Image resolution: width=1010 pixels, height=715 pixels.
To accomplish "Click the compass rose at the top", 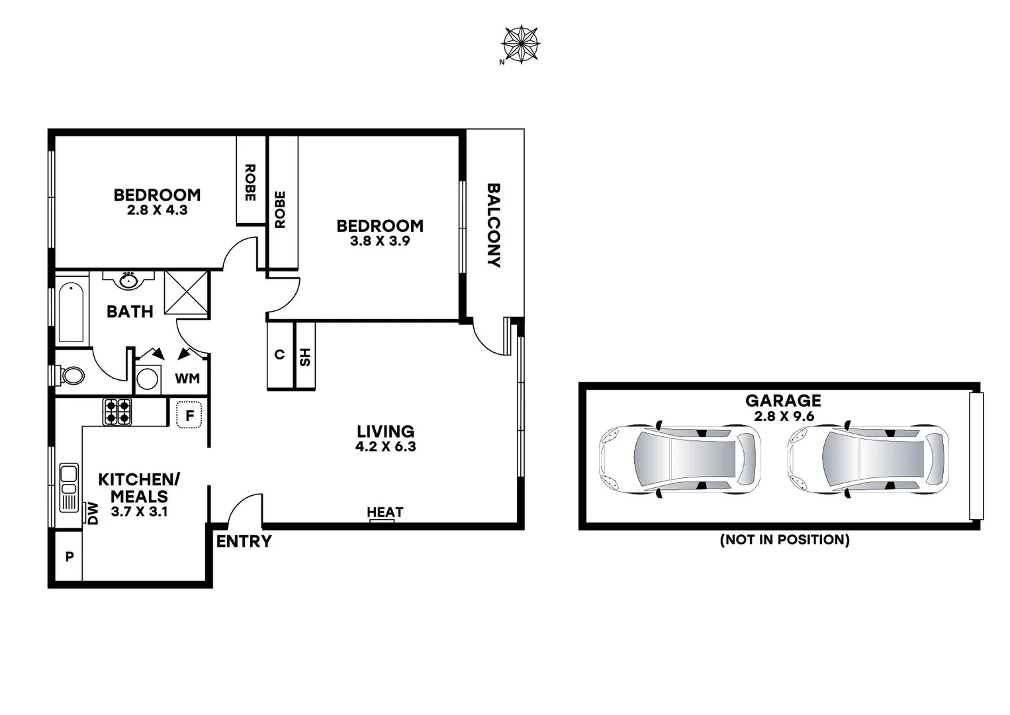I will tap(521, 44).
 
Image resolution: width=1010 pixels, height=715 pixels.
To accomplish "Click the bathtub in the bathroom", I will tap(71, 312).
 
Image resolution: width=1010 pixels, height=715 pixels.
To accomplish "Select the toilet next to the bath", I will tap(71, 376).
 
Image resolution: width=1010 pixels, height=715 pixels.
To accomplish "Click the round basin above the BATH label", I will tap(128, 281).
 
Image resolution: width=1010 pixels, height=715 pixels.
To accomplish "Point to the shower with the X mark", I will tap(186, 292).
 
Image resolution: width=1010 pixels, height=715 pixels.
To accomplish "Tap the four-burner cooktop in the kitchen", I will tap(117, 411).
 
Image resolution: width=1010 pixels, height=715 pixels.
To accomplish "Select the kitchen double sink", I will tap(69, 487).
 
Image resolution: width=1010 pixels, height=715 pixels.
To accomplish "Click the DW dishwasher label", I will tap(93, 513).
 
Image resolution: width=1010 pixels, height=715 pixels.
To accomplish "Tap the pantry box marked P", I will tap(69, 557).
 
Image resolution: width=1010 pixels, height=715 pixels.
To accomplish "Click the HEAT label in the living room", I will tap(385, 512).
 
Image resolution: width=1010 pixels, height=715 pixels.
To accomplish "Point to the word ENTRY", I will tap(244, 542).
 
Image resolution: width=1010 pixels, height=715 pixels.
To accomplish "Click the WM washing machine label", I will tap(187, 379).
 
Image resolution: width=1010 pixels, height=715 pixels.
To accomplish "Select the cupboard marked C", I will tap(279, 356).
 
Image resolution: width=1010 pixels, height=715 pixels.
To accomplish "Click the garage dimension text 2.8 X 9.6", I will tap(784, 416).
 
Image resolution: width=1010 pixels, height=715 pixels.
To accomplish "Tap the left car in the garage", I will tap(680, 459).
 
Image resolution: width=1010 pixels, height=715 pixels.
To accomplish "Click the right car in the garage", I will tap(868, 459).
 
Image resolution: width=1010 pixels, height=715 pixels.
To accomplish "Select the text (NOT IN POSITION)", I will tap(784, 540).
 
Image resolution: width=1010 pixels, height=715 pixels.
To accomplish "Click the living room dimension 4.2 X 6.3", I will tap(385, 447).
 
